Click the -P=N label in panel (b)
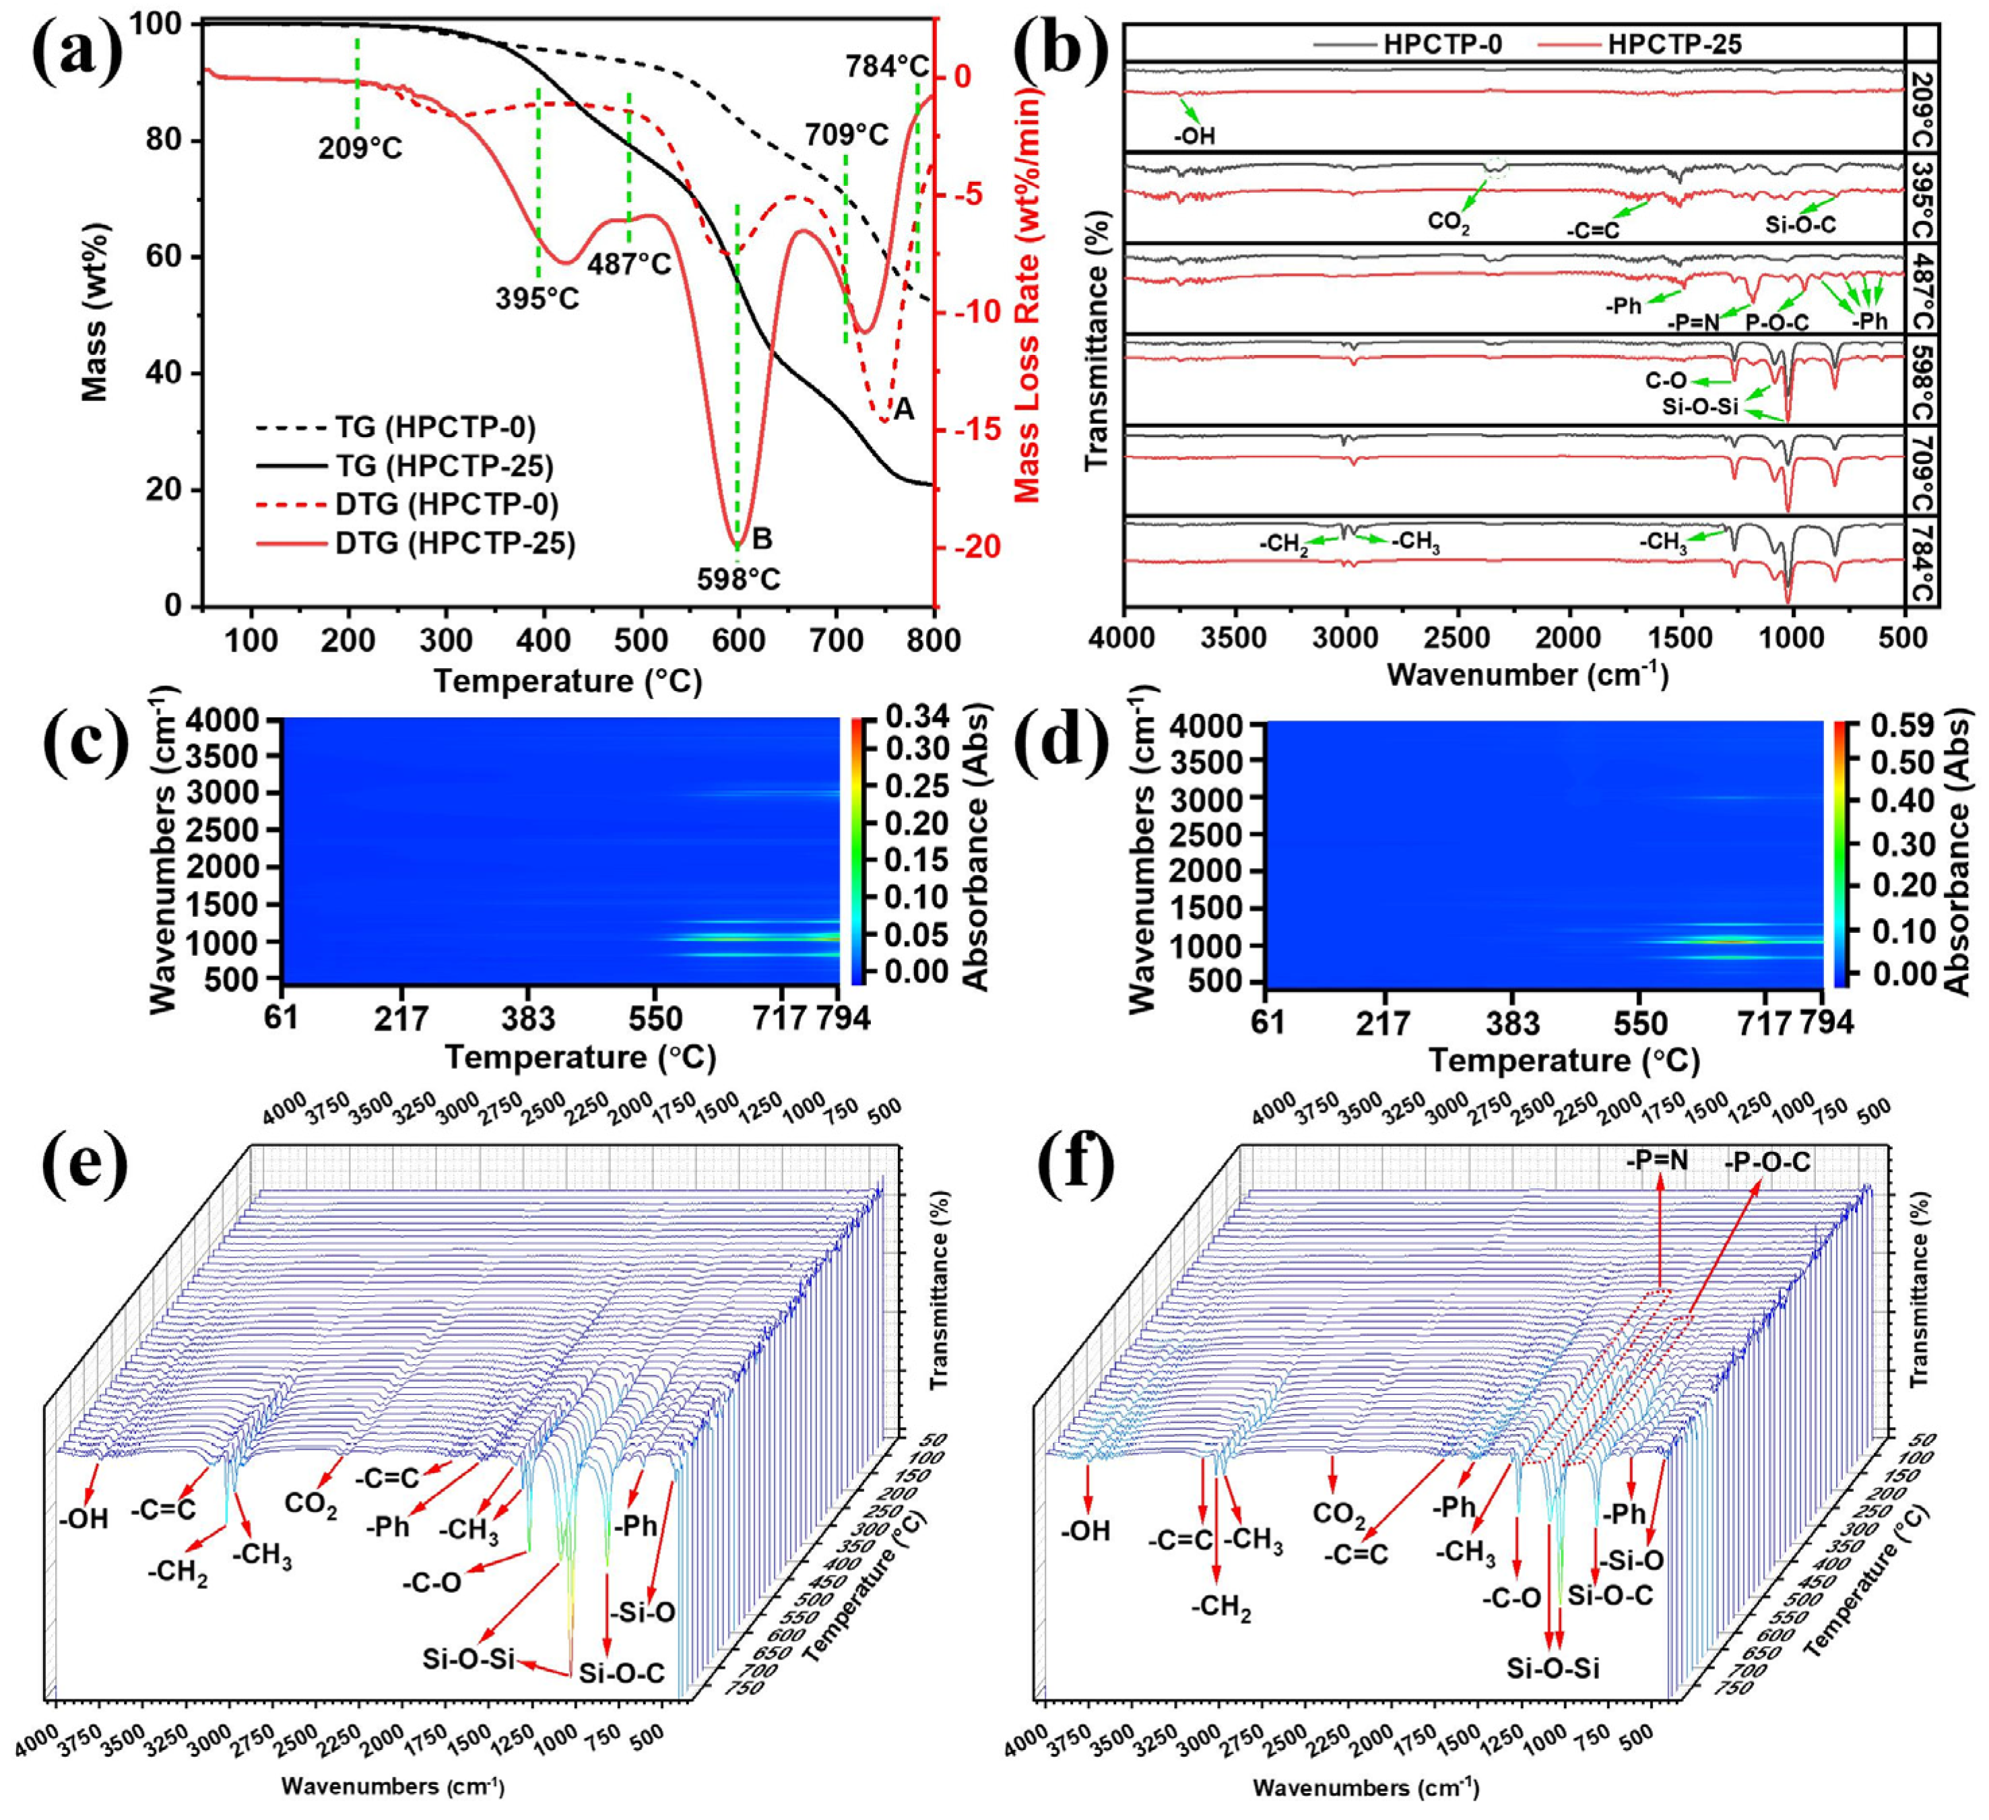1694,321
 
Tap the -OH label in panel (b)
1194,136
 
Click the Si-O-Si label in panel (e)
469,1657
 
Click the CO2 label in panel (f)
1338,1514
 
